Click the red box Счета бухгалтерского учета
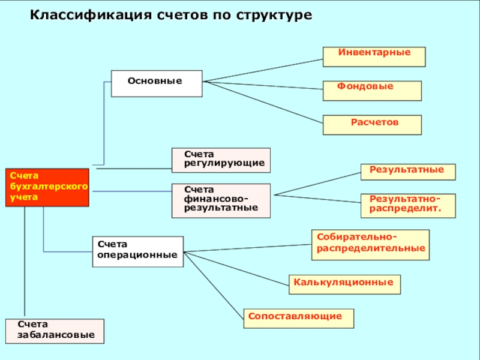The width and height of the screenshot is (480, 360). coord(47,187)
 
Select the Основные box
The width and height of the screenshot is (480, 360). coord(156,83)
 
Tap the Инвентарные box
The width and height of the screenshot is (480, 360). coord(374,56)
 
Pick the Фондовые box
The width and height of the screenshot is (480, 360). coord(372,91)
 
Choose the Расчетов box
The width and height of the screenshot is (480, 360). coord(372,125)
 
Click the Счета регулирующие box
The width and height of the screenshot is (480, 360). coord(221,160)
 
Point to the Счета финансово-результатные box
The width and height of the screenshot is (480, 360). coord(221,200)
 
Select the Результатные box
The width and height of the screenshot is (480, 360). coord(407,172)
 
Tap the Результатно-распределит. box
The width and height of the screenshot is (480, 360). coord(407,205)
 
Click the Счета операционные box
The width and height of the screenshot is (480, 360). coord(137,251)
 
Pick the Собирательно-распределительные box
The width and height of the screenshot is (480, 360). coord(370,244)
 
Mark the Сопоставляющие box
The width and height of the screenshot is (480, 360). coord(298,318)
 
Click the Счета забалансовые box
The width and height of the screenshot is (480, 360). coord(55,331)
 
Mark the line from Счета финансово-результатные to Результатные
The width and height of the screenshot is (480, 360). coord(316,184)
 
